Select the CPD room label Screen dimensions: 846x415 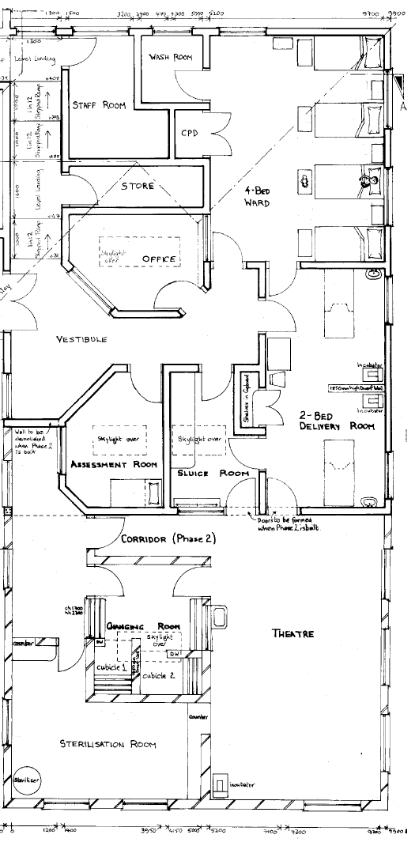[190, 133]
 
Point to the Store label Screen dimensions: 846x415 [138, 187]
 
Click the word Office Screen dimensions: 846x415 [158, 259]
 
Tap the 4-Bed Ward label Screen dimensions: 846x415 [257, 196]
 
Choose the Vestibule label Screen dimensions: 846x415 [81, 339]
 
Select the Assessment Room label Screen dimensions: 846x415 [114, 464]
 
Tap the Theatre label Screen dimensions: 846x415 [293, 633]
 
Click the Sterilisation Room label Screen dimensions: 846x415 [108, 744]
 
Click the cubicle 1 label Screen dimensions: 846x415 [111, 668]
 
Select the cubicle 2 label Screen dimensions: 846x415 [159, 675]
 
